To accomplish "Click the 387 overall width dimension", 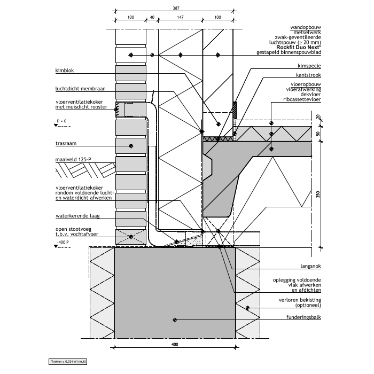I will [176, 8].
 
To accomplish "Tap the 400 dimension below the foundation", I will [175, 345].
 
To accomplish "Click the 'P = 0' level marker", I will [60, 122].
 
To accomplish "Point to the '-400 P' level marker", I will [62, 243].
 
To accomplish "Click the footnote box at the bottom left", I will [69, 362].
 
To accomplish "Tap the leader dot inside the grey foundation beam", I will [175, 320].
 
